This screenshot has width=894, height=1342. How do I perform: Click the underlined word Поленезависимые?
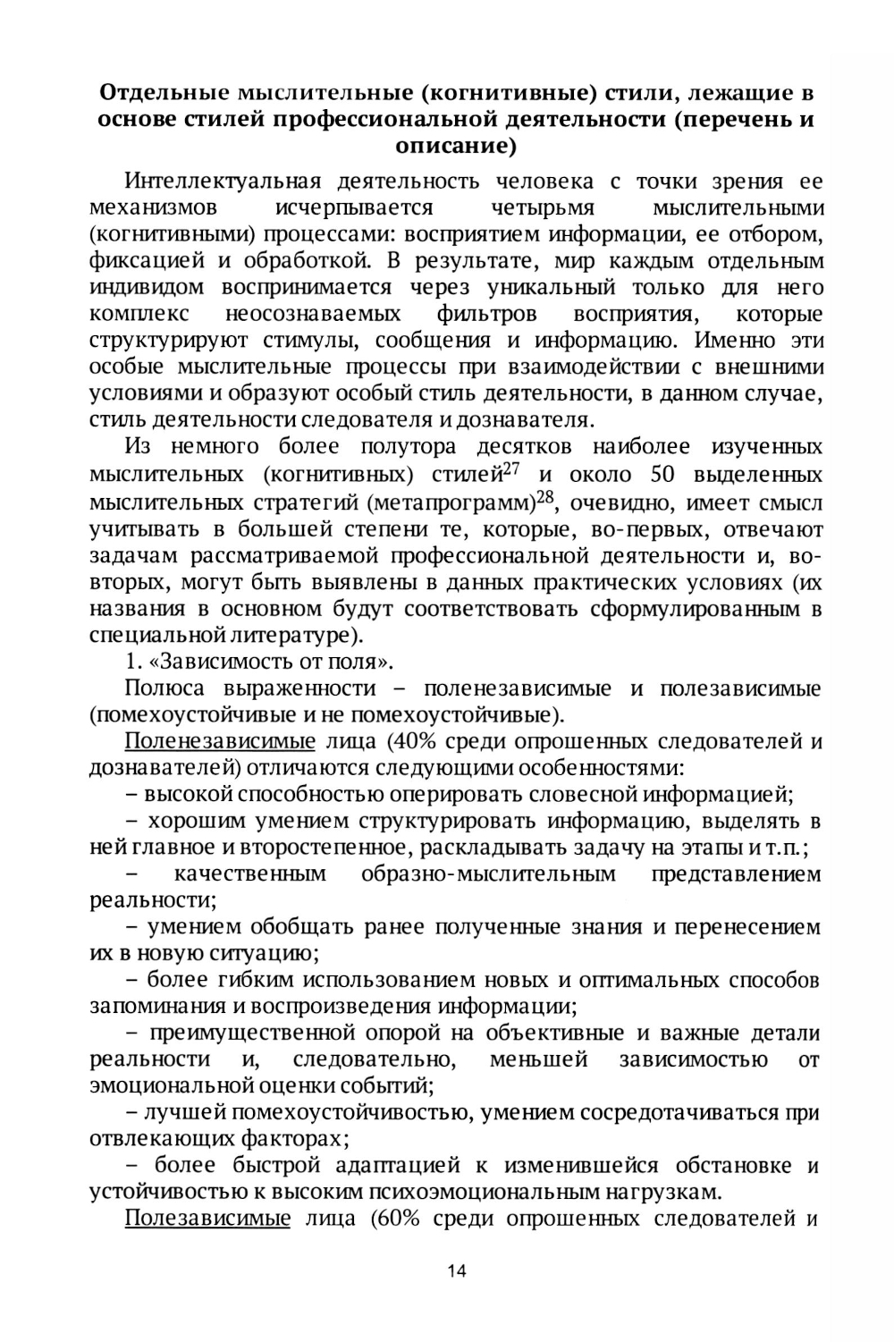click(220, 741)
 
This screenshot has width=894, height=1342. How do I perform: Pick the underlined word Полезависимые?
click(207, 1219)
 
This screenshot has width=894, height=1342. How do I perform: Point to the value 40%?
click(403, 741)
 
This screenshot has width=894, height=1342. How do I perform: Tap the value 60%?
click(396, 1219)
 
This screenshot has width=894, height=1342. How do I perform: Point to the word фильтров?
click(487, 314)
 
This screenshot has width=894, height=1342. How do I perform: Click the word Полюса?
click(164, 688)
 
